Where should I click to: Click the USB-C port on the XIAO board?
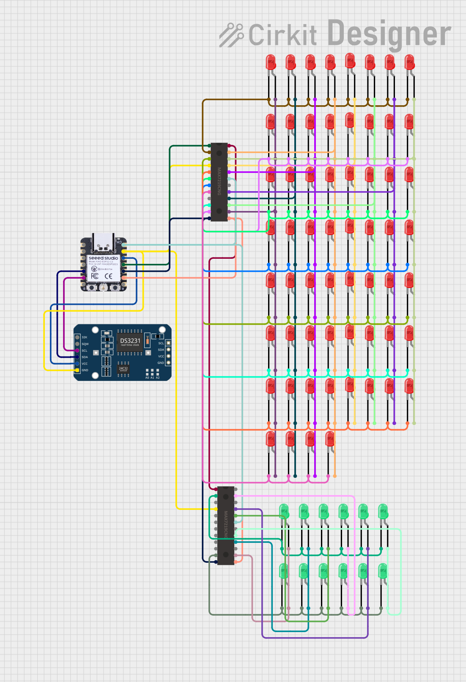click(103, 242)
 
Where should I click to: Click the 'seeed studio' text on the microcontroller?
click(103, 258)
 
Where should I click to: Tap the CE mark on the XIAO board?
click(108, 276)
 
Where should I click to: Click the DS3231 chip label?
click(130, 341)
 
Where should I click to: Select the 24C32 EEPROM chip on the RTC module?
click(123, 368)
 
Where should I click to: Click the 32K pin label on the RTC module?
click(85, 337)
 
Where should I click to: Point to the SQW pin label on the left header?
click(85, 344)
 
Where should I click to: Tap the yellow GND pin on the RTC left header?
click(77, 370)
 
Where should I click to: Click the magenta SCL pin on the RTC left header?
click(77, 351)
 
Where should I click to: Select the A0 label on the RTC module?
click(147, 378)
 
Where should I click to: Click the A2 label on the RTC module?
click(158, 378)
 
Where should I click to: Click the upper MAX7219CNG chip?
click(219, 182)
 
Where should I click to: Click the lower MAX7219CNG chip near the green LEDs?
click(226, 525)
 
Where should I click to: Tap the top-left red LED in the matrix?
click(271, 63)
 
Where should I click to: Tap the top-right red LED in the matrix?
click(409, 63)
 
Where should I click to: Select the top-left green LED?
click(284, 511)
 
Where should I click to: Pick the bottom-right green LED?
click(383, 571)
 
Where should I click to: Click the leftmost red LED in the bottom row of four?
click(271, 439)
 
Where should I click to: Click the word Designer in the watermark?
click(389, 34)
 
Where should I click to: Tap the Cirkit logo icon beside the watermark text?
click(231, 35)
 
